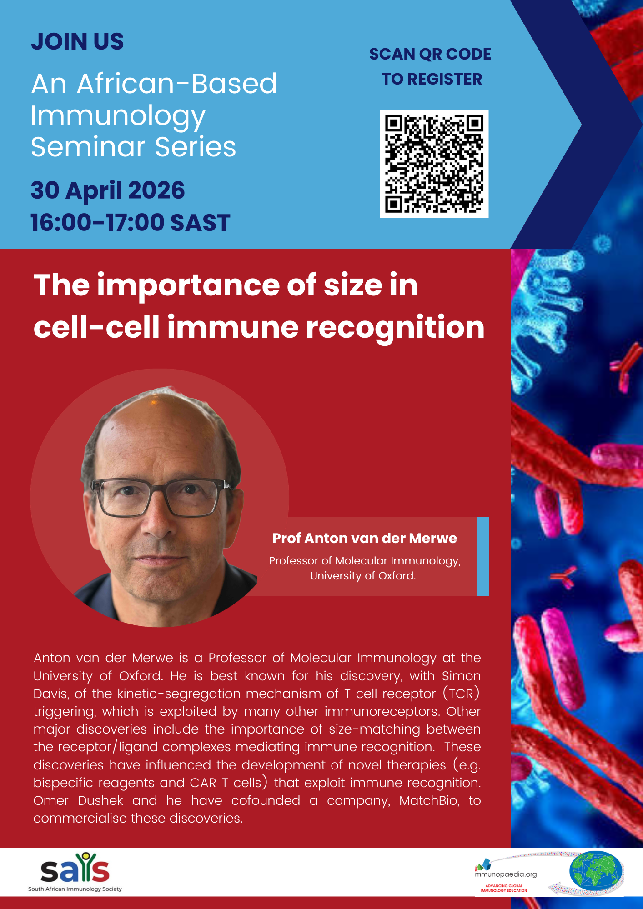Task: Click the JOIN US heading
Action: (x=77, y=41)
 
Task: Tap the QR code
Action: (x=434, y=164)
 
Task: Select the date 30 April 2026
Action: (x=108, y=190)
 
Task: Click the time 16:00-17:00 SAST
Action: (x=131, y=222)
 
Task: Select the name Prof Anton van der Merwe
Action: (x=364, y=538)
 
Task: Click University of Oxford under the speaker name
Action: (x=363, y=576)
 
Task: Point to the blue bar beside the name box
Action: (x=482, y=556)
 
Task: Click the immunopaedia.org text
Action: (x=506, y=874)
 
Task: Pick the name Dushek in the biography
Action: (x=100, y=800)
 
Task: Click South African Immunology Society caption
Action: (x=75, y=889)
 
